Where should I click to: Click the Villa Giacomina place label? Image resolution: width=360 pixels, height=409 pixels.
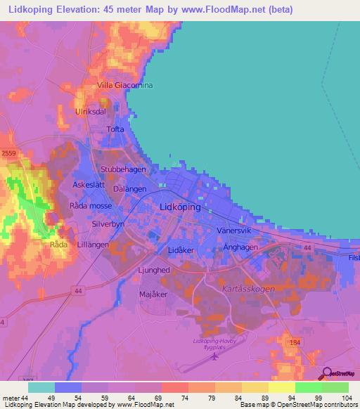point(124,85)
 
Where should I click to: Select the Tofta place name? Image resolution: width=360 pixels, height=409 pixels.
point(115,129)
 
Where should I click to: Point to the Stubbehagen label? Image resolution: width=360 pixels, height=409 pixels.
point(123,169)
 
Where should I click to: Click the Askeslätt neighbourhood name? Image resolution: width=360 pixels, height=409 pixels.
point(89,184)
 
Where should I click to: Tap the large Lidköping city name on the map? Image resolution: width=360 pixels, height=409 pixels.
point(180,207)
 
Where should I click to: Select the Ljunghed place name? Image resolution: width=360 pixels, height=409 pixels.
point(153,269)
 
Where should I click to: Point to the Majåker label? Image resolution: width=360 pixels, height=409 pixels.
point(153,294)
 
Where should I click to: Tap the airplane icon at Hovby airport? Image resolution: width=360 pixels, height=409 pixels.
point(214,356)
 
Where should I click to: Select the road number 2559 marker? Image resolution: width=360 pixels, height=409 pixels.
point(8,152)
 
